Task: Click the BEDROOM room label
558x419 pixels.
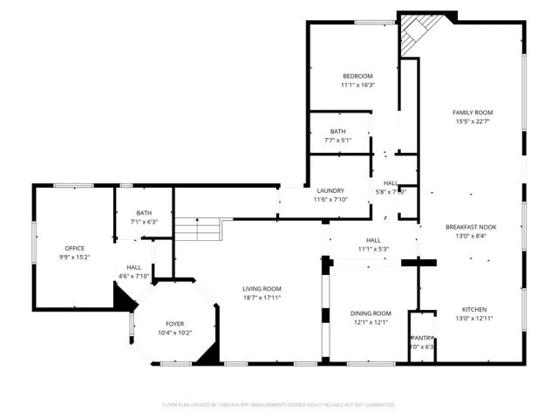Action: click(357, 76)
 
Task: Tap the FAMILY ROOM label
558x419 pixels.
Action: click(473, 113)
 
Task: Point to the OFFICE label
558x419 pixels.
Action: click(75, 249)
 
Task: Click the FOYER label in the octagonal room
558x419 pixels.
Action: click(174, 323)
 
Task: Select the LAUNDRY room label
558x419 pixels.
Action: click(330, 190)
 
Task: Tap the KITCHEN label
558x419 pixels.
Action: click(473, 309)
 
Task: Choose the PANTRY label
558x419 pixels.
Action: click(422, 338)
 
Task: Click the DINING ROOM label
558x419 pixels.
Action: click(371, 313)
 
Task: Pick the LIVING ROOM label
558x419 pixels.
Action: click(262, 288)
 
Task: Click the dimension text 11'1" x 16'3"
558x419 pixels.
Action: click(357, 86)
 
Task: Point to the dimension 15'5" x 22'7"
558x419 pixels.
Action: click(473, 122)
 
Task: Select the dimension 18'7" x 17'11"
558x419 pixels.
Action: click(262, 298)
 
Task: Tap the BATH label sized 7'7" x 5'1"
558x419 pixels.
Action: click(337, 131)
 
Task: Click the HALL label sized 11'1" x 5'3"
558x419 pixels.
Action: click(373, 240)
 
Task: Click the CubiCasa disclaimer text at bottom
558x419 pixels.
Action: click(279, 405)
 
